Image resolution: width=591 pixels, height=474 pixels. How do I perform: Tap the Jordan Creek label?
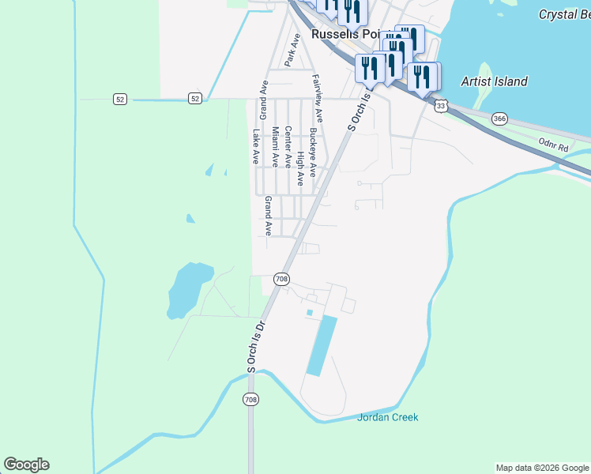[x=387, y=417]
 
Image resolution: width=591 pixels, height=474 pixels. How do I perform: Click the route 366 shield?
[x=499, y=118]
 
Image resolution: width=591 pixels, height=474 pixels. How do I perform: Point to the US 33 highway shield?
[x=441, y=105]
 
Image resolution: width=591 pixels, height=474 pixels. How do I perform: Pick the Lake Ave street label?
[x=255, y=146]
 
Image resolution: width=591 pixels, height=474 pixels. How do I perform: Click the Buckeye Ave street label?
[x=313, y=152]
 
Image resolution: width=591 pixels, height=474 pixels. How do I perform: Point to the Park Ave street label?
[x=294, y=49]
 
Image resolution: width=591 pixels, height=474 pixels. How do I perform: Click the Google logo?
[x=26, y=465]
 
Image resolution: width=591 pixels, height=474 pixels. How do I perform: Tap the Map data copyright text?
[x=542, y=468]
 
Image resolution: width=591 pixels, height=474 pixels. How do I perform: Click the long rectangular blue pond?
[x=321, y=345]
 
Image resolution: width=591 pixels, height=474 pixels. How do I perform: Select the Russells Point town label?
[x=345, y=35]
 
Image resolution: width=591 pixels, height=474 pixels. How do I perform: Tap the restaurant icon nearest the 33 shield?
[x=423, y=77]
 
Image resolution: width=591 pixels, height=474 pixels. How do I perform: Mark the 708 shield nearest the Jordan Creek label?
[x=251, y=400]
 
